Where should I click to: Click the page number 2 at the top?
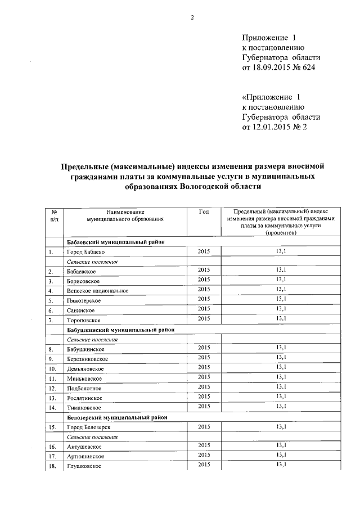(192, 18)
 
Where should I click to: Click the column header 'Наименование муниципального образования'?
(120, 215)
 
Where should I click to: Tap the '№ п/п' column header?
(54, 215)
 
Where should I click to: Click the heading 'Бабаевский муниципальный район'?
(115, 241)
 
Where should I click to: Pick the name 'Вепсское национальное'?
(98, 291)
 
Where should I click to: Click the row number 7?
(51, 320)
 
